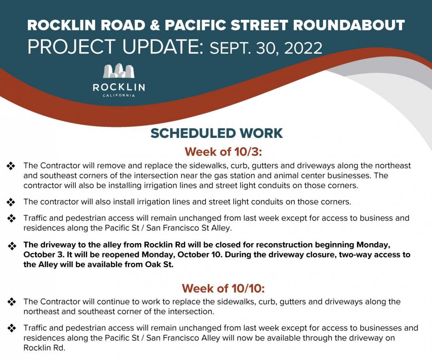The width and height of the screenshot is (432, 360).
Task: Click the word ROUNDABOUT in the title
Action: point(349,25)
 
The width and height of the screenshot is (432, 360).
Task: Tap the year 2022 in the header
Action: point(303,48)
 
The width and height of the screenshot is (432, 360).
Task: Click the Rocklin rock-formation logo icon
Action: point(119,71)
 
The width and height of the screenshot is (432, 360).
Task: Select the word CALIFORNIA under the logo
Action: point(119,95)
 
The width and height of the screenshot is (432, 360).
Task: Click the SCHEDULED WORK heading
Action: point(216,133)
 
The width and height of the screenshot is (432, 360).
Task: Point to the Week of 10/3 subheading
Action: point(223,152)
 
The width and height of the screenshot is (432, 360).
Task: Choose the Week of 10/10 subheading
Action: point(223,289)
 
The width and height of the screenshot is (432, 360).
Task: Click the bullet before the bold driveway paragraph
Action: point(11,246)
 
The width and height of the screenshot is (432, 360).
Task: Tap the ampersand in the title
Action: point(155,25)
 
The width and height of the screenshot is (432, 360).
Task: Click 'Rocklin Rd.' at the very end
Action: point(45,348)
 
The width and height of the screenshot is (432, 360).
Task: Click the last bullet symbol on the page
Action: point(11,328)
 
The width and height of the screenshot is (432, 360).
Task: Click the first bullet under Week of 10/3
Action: point(11,166)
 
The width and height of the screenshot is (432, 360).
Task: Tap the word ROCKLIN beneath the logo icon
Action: point(119,87)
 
